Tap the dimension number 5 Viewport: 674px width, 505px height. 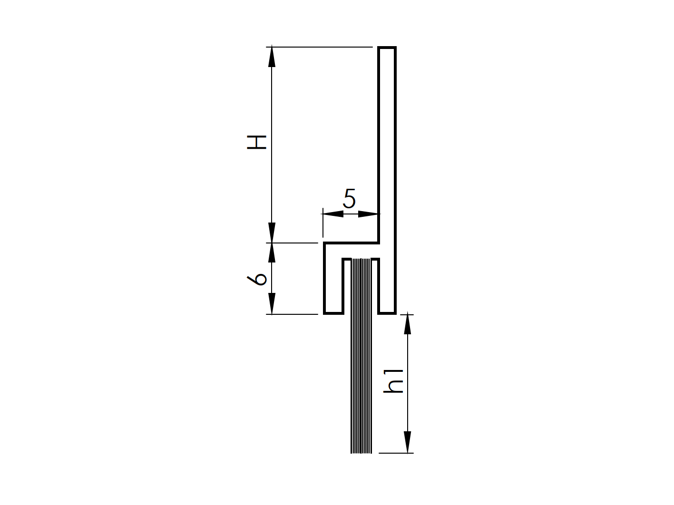coord(349,199)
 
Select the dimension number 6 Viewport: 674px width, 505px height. coord(257,279)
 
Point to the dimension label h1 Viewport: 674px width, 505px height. coord(394,380)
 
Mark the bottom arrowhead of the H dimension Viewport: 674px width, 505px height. coord(272,233)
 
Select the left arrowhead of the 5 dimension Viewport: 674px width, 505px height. coord(332,214)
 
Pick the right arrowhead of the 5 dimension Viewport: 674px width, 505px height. coord(370,214)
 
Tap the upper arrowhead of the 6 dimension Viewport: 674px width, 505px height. coord(272,252)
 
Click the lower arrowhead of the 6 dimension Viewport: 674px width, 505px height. coord(272,304)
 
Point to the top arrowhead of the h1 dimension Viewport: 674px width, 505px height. coord(407,324)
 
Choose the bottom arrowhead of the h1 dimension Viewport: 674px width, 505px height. coord(407,443)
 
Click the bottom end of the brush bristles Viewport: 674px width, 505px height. coord(361,452)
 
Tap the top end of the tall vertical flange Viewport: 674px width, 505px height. coord(387,48)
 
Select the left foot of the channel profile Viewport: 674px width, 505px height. coord(333,313)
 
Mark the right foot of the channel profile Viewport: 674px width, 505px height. coord(387,313)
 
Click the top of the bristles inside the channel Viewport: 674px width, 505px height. coord(361,260)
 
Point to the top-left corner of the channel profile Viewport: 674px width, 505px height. coord(325,243)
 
